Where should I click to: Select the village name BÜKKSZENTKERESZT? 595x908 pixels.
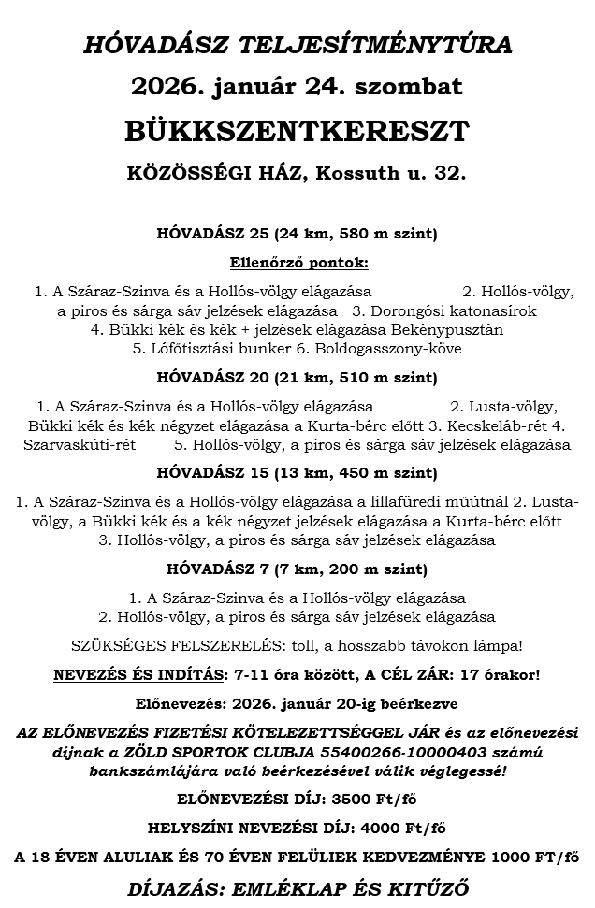click(x=297, y=132)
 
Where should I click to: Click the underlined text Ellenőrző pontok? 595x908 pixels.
click(x=298, y=262)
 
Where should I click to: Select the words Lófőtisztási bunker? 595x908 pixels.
click(x=206, y=349)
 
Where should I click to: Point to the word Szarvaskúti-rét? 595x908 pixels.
click(x=80, y=444)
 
